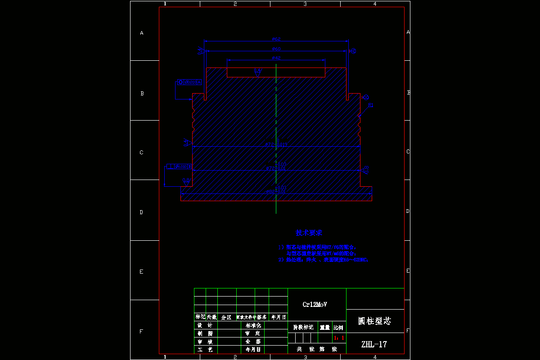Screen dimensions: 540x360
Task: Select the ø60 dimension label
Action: (276, 49)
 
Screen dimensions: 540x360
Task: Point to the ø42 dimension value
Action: (276, 58)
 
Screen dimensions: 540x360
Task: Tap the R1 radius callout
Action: (371, 105)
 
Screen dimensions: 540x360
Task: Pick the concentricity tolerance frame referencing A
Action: (189, 82)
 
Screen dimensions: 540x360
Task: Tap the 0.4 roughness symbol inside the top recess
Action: (258, 71)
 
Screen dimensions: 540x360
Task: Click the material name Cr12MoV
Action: (315, 305)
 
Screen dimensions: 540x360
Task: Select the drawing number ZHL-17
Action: (374, 345)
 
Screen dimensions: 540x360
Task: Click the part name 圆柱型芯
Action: (374, 321)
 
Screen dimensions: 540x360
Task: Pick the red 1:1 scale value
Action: (339, 337)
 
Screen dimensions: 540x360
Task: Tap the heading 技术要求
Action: (309, 233)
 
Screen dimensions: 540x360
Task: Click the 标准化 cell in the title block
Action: (253, 325)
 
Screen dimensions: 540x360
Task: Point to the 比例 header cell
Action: (338, 328)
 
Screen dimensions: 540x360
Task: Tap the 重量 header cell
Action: (324, 328)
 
